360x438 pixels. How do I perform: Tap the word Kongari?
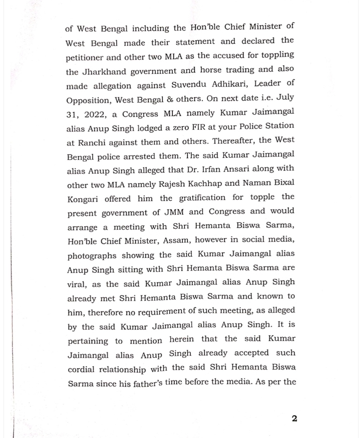82,199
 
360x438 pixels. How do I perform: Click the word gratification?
202,198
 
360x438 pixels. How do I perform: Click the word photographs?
92,256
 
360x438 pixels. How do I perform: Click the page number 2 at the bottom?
294,419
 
